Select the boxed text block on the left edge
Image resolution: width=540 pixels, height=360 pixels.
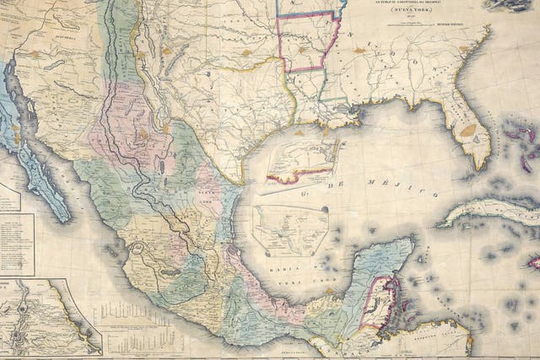(16, 244)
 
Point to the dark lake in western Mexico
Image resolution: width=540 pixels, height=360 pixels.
(170, 271)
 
